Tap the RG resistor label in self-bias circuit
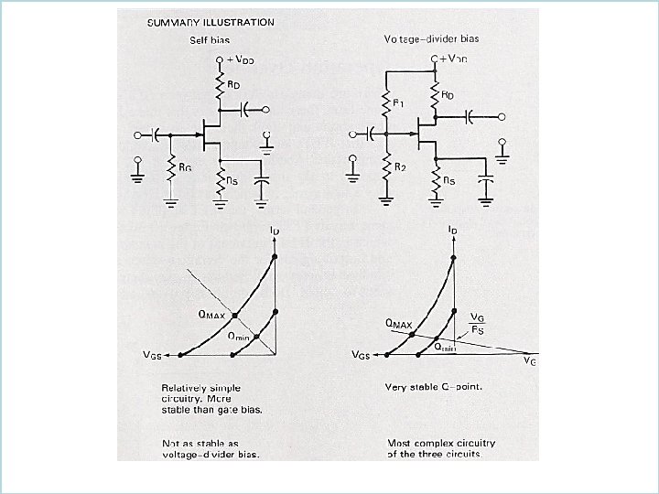tap(186, 167)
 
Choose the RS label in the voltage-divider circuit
tap(448, 181)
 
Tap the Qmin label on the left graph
tap(238, 336)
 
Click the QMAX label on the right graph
tap(399, 323)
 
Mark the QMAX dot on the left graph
tap(235, 315)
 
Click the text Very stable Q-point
tap(433, 386)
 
